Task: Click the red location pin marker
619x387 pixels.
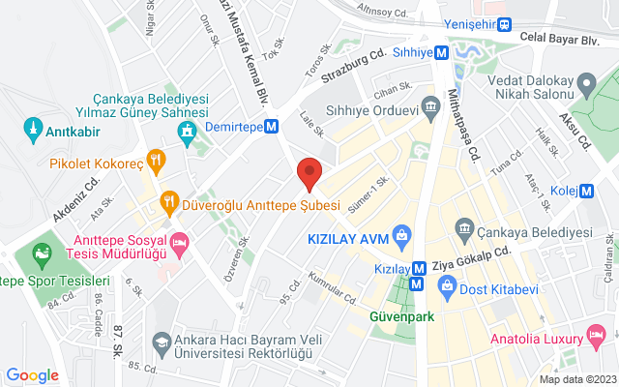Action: click(309, 172)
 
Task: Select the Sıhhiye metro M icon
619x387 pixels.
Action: click(441, 53)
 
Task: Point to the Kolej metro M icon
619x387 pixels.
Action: click(587, 191)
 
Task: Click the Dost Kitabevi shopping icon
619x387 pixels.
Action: click(447, 285)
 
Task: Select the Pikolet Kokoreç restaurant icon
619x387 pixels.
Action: click(153, 159)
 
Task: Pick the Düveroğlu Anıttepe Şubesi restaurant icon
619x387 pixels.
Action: click(169, 202)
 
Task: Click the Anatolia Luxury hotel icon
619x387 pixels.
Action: click(599, 338)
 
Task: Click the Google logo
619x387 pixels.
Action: click(32, 374)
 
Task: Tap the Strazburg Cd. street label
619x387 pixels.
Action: click(354, 65)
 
